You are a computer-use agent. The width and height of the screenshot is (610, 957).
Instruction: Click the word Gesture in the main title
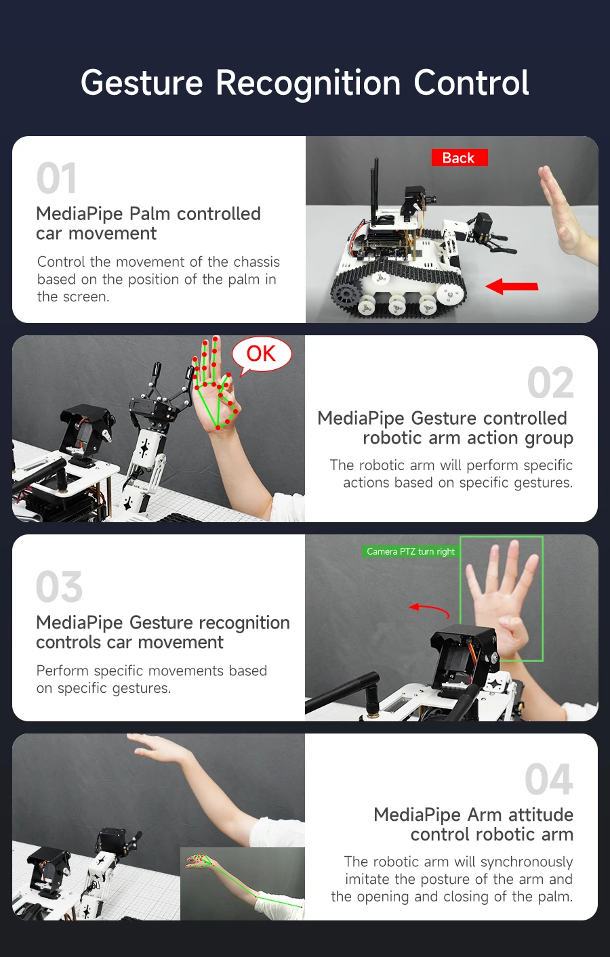[x=142, y=83]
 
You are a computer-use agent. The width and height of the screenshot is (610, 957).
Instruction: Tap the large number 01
[x=56, y=179]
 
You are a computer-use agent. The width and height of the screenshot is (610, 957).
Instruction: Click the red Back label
[x=459, y=158]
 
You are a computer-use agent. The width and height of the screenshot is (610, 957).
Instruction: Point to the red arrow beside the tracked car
[x=512, y=286]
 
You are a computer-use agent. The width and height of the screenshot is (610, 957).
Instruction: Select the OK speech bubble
[x=261, y=354]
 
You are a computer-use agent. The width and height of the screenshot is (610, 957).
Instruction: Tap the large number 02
[x=550, y=383]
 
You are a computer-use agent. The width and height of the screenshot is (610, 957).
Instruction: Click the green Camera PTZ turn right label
[x=411, y=551]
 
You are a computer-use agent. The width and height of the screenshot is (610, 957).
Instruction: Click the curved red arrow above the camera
[x=429, y=610]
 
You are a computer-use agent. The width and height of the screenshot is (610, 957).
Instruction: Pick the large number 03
[x=60, y=587]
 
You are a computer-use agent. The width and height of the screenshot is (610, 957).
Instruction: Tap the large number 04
[x=548, y=780]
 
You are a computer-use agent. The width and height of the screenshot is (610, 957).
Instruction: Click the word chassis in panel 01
[x=256, y=262]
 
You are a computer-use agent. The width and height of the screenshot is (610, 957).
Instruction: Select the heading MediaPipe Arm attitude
[x=473, y=814]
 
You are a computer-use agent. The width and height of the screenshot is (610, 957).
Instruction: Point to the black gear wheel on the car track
[x=345, y=295]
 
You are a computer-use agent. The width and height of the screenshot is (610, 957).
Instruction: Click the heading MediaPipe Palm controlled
[x=148, y=213]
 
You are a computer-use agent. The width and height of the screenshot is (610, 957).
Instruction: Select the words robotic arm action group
[x=468, y=438]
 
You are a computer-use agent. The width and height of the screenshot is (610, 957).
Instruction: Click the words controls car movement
[x=129, y=642]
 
